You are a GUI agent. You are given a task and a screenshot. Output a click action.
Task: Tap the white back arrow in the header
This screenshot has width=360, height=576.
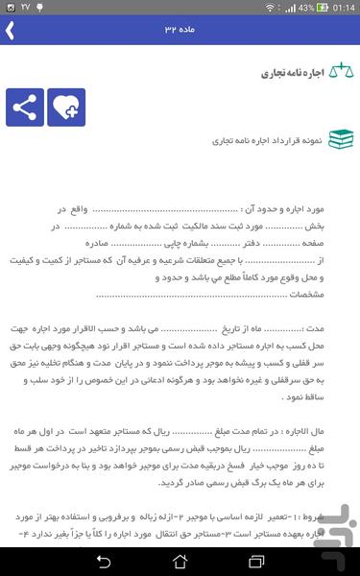(10, 30)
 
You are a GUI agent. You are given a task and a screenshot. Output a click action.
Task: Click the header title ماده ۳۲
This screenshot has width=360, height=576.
(180, 30)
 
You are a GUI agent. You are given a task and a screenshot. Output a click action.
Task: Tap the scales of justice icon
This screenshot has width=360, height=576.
(340, 73)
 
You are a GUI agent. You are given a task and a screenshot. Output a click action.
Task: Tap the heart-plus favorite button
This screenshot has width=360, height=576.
(66, 108)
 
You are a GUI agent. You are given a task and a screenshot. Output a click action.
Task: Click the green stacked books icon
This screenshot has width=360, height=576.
(340, 139)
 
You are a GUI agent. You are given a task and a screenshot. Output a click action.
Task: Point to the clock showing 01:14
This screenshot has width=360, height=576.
(341, 8)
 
